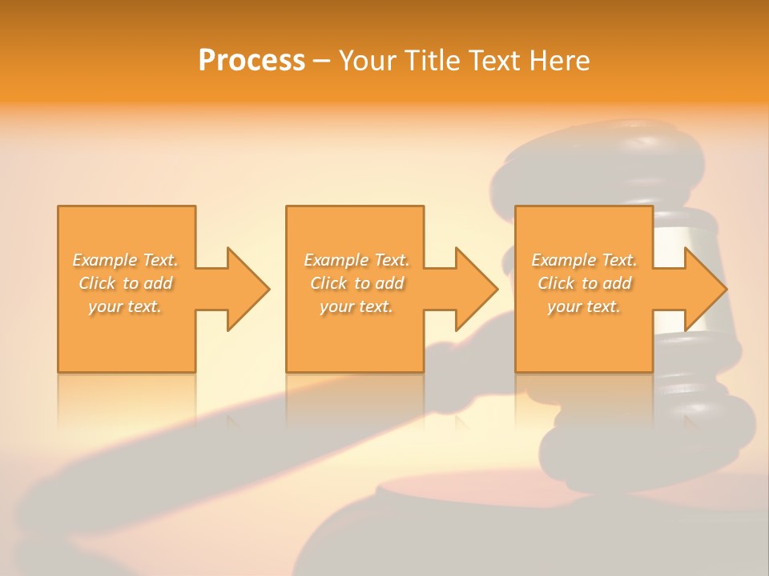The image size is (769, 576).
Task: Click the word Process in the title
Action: (252, 60)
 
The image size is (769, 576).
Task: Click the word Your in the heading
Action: (368, 60)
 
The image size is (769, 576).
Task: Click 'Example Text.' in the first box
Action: (126, 260)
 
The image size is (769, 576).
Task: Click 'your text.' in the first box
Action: (126, 306)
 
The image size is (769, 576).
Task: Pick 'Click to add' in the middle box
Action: (356, 283)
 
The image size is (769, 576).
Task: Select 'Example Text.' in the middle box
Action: (356, 260)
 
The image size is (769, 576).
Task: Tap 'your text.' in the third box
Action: (584, 306)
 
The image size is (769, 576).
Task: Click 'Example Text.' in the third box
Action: (584, 260)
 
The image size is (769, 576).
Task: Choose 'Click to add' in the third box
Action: (584, 283)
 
